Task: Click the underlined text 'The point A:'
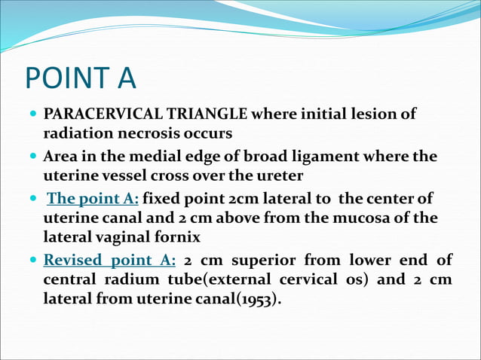coord(93,200)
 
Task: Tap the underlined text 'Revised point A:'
coord(110,261)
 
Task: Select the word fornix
coord(182,236)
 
